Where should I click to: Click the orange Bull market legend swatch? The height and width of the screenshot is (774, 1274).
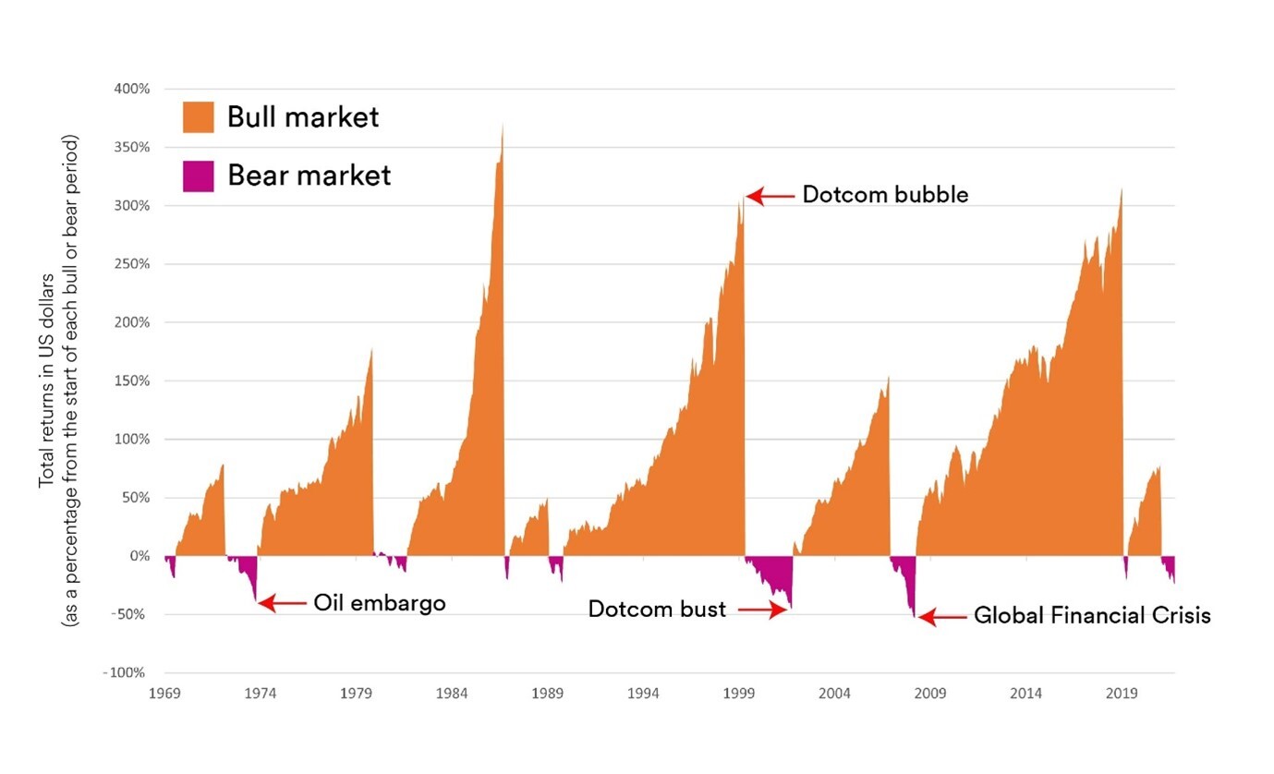(199, 117)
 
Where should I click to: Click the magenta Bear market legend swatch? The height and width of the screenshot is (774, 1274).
(199, 175)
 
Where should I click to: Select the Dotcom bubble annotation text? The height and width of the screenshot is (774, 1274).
(884, 195)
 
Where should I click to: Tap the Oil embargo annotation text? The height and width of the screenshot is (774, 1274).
(379, 603)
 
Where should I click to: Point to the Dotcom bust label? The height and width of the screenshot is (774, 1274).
(657, 610)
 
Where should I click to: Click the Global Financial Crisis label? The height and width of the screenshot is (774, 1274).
(1091, 615)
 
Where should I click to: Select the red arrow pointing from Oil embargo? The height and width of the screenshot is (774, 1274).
(282, 603)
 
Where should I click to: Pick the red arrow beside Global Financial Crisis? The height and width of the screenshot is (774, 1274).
(940, 616)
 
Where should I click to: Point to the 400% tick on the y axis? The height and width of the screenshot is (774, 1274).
(132, 90)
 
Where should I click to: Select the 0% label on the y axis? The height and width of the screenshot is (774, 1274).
(139, 556)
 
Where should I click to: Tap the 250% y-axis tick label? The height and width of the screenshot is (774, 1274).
(132, 264)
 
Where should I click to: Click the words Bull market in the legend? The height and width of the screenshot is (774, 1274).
(303, 117)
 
